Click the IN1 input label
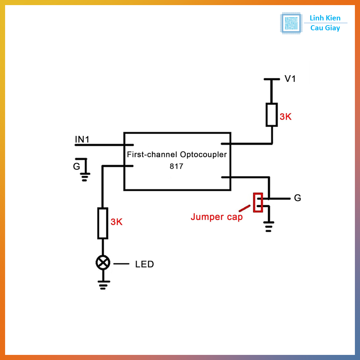click(82, 139)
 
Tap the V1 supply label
click(290, 79)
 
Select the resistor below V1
click(272, 115)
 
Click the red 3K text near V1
click(285, 117)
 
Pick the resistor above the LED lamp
click(103, 223)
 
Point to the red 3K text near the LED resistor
click(116, 222)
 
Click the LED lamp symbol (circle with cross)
click(103, 263)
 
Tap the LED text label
click(144, 264)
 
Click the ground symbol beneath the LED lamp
click(103, 284)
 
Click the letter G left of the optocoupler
click(77, 166)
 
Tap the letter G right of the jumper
click(297, 198)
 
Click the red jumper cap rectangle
click(258, 202)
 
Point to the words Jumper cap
click(216, 217)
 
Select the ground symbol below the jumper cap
click(269, 226)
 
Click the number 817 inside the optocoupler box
click(176, 166)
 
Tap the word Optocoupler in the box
click(203, 155)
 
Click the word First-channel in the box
click(152, 154)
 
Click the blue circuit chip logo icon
click(291, 23)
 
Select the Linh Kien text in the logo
click(325, 18)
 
